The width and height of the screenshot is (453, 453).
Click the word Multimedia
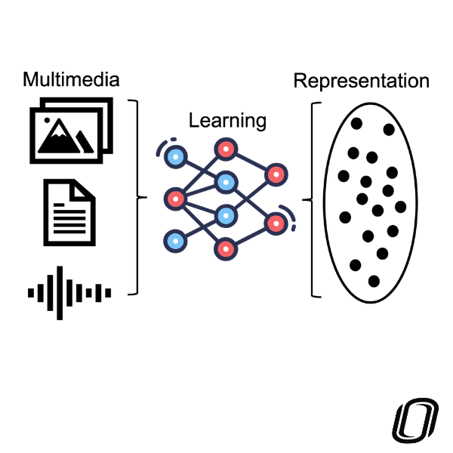(71, 80)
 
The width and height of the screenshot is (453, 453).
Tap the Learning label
(226, 120)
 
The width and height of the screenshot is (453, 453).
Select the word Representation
(361, 80)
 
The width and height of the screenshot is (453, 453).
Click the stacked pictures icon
(69, 129)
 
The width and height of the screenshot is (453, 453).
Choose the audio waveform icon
(69, 291)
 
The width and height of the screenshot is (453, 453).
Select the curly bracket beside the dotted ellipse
(310, 200)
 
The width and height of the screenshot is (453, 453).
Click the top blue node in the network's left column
(176, 158)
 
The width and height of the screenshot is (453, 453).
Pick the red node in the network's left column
(175, 199)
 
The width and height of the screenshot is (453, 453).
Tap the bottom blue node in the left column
(176, 241)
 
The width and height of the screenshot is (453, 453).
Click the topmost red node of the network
(225, 148)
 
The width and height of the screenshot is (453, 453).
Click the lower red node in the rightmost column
(275, 223)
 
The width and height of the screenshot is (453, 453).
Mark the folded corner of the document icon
(87, 189)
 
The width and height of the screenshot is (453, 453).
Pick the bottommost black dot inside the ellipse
(374, 281)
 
